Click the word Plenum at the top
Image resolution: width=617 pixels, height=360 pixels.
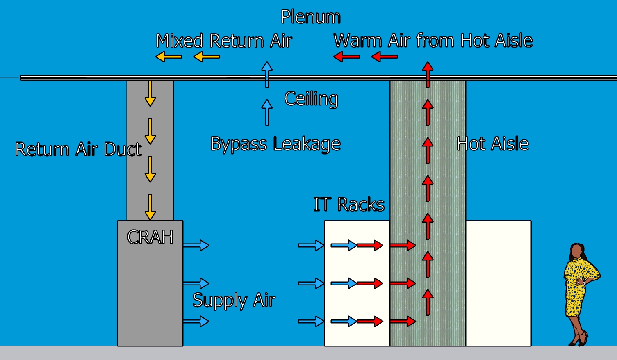[310, 17]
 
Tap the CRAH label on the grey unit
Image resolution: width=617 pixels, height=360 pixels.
[150, 237]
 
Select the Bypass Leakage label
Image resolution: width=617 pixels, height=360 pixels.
[275, 144]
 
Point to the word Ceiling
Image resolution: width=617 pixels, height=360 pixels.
[311, 99]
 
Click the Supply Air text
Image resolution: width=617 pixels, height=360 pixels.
[234, 301]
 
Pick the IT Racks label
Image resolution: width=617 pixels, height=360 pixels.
[349, 204]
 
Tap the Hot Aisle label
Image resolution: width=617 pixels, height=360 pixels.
[492, 144]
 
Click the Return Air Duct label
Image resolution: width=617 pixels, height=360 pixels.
[78, 149]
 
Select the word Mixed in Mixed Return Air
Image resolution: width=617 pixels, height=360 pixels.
[180, 41]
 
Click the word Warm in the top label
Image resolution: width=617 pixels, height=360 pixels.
[358, 41]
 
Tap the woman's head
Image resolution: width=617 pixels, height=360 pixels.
[577, 251]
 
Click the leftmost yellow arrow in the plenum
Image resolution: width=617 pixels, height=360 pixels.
[168, 57]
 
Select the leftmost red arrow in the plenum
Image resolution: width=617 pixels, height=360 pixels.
[346, 57]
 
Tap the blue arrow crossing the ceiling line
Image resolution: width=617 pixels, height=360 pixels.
[267, 74]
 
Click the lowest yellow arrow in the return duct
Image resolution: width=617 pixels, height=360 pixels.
[150, 207]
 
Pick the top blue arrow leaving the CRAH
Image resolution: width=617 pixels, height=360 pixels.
[196, 246]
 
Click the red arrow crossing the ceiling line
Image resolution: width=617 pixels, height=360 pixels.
[428, 74]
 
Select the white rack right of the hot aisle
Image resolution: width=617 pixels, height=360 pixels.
[498, 283]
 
